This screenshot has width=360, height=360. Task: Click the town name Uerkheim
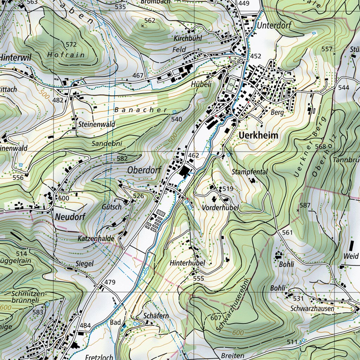coord(258,135)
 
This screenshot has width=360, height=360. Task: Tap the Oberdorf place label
coord(144,170)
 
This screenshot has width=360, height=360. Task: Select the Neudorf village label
coord(70,217)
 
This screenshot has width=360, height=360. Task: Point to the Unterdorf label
coord(270,26)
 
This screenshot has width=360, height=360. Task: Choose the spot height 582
coord(122,159)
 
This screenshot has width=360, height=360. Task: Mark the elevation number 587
coord(305,205)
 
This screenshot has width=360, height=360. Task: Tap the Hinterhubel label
coord(187,263)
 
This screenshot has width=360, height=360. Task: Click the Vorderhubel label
coord(220,208)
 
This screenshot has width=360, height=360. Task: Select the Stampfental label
coord(250,172)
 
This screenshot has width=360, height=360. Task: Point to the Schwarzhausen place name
coord(313,308)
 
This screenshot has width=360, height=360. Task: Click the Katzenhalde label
coord(96,239)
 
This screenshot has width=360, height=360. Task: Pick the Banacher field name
coord(141,110)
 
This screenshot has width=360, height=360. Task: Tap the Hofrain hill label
coord(66,55)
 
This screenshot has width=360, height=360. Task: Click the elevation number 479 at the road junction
coord(110,282)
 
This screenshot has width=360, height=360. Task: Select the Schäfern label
coord(156,316)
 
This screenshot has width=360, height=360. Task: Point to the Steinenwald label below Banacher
coord(92,124)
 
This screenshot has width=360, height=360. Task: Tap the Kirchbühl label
coord(188,38)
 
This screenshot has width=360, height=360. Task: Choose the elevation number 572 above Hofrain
coord(71,44)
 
